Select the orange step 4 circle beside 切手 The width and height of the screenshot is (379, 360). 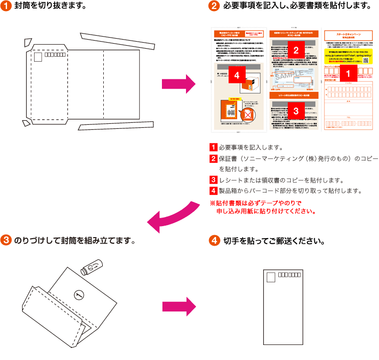(215, 240)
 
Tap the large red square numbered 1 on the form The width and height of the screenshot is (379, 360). (349, 74)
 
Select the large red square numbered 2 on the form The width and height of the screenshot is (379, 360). (296, 50)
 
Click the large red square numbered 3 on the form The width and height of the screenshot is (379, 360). (296, 111)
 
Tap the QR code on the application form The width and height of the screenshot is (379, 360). (366, 59)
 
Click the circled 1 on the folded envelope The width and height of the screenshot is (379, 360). (77, 295)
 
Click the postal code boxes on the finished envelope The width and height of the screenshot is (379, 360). (289, 275)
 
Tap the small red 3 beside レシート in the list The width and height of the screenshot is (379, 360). (213, 179)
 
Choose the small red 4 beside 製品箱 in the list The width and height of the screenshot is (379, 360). (213, 191)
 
